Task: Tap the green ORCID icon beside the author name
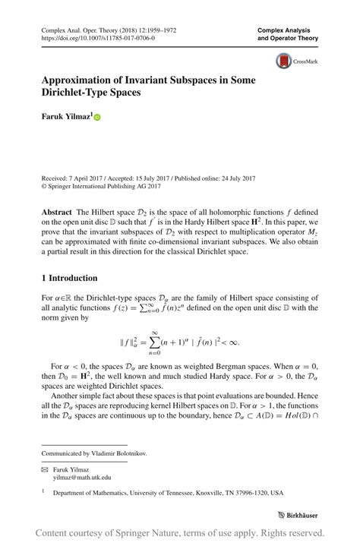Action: (x=96, y=118)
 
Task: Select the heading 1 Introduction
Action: (x=69, y=278)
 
